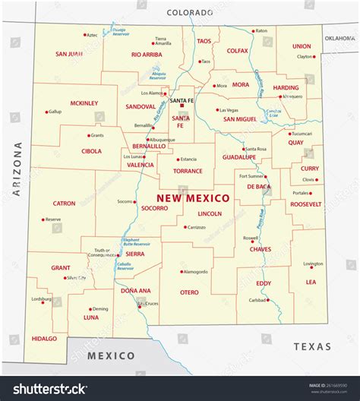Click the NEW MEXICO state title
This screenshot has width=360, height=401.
pyautogui.click(x=193, y=198)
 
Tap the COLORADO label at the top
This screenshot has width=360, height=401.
pyautogui.click(x=189, y=12)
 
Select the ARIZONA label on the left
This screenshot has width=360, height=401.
pyautogui.click(x=17, y=169)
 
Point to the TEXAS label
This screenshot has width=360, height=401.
pyautogui.click(x=313, y=346)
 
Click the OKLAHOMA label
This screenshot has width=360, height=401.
pyautogui.click(x=339, y=37)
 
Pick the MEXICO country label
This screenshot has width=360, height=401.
pyautogui.click(x=111, y=355)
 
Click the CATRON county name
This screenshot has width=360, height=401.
pyautogui.click(x=64, y=204)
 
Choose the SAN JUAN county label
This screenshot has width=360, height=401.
pyautogui.click(x=69, y=54)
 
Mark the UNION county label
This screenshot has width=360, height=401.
pyautogui.click(x=302, y=46)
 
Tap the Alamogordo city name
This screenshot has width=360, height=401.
pyautogui.click(x=196, y=271)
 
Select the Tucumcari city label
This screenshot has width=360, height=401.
pyautogui.click(x=302, y=133)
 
